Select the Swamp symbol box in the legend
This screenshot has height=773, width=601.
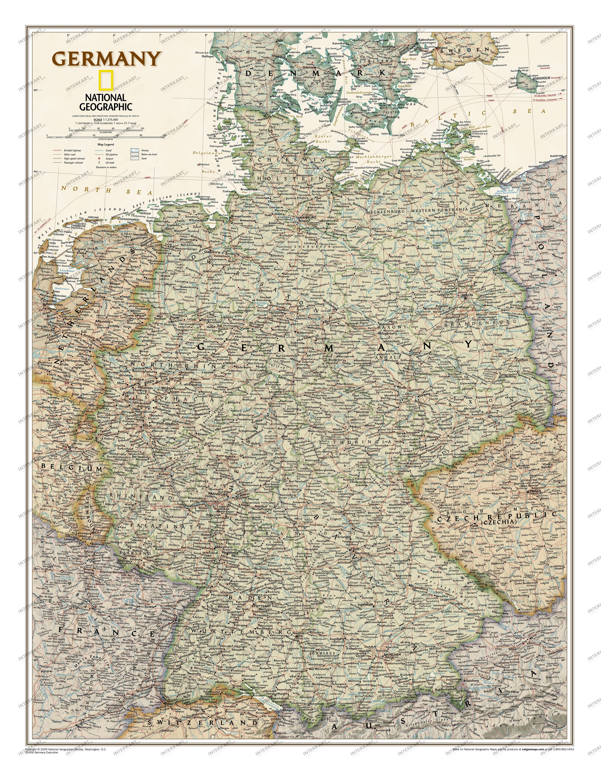point(135,150)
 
